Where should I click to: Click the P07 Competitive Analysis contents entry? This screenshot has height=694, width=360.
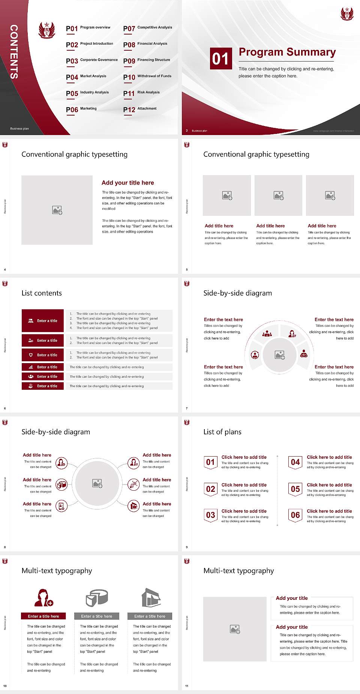click(147, 28)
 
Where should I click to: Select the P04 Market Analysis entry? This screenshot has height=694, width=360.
click(86, 77)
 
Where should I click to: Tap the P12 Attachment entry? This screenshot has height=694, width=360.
click(140, 109)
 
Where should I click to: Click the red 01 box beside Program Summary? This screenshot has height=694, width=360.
click(220, 59)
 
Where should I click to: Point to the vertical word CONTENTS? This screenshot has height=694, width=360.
click(14, 52)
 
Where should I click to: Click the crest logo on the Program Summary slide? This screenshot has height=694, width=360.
click(347, 14)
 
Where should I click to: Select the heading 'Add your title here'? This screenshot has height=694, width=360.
click(127, 183)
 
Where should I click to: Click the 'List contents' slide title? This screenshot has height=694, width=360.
click(42, 293)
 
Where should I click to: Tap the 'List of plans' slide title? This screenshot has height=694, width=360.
click(222, 432)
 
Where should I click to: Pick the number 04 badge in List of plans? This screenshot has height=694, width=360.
click(295, 462)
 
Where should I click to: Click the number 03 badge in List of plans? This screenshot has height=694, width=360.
click(210, 515)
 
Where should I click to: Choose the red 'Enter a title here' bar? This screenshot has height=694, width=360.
click(43, 616)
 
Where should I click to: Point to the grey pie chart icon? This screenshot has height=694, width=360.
click(97, 598)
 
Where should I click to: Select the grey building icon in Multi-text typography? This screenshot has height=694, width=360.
click(151, 598)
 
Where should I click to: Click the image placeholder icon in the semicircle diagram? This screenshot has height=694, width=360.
click(280, 355)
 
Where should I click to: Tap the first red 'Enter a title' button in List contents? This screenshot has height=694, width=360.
click(43, 321)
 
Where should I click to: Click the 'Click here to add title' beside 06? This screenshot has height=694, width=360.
click(329, 511)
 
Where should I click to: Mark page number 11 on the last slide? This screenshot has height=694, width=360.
click(187, 686)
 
